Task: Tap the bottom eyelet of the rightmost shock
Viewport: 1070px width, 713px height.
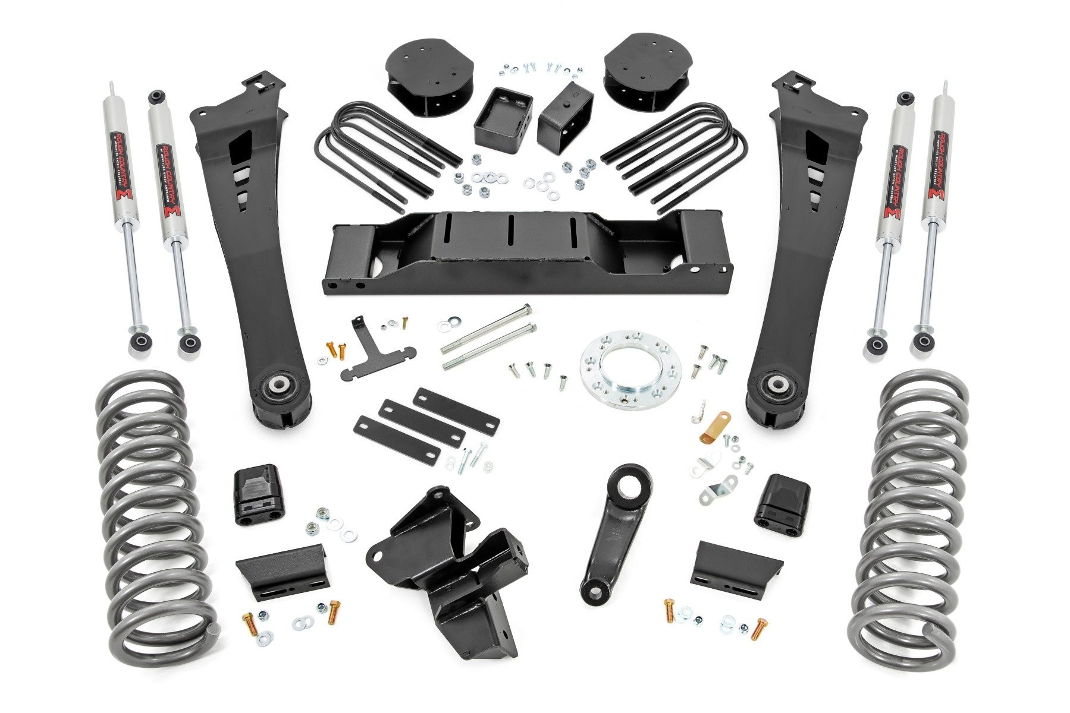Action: (x=922, y=342)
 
